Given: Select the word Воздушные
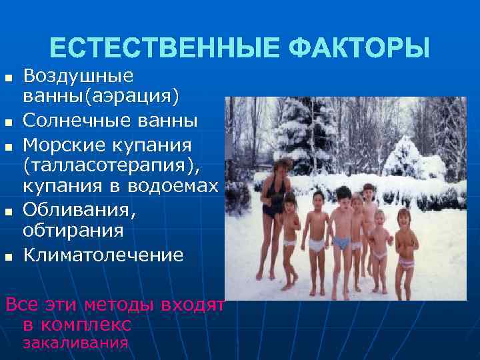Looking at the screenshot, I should point(79,75).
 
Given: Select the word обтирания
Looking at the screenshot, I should point(73,231).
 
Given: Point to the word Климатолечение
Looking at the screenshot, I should point(103,255).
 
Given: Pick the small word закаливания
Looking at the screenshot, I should point(75,343).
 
